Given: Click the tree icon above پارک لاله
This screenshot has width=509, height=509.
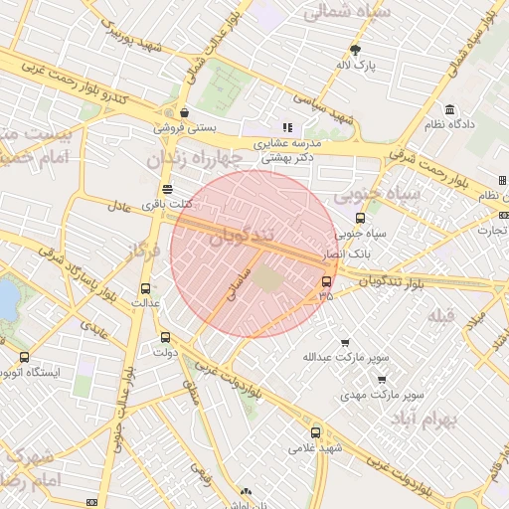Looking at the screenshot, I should [x=356, y=50].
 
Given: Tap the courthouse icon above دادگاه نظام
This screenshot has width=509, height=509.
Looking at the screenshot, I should [x=450, y=109].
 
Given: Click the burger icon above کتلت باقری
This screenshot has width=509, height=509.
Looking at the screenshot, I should [x=166, y=189].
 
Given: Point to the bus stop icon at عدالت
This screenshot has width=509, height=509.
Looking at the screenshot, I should [x=146, y=288].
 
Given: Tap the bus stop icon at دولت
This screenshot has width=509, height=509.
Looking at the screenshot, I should [x=165, y=336].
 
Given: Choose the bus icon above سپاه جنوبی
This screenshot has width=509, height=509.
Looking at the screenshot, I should [x=360, y=219].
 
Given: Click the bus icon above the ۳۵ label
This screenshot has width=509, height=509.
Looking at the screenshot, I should [x=327, y=282].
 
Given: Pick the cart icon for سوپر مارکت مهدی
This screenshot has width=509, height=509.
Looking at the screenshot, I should [x=382, y=379].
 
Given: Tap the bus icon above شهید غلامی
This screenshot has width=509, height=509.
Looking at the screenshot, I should [x=316, y=432].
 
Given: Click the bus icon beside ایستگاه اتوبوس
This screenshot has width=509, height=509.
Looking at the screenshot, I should [x=24, y=357].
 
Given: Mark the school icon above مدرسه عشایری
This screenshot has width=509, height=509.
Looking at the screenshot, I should [x=288, y=127].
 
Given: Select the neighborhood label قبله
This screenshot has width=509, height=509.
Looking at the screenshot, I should [x=440, y=315].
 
